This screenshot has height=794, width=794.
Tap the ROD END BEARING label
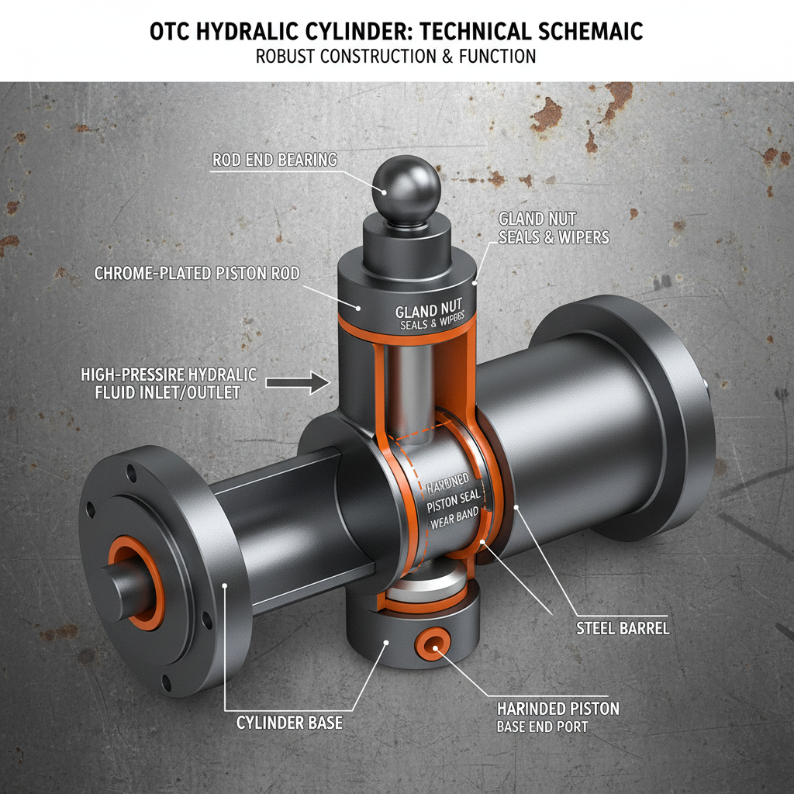(274, 161)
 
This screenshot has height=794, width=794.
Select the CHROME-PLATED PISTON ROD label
(197, 273)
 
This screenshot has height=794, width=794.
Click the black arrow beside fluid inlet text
(298, 381)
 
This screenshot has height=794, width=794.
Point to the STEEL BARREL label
(623, 627)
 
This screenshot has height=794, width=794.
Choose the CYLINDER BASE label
(289, 723)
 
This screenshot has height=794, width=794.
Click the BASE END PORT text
(542, 727)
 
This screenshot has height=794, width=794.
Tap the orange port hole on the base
(433, 643)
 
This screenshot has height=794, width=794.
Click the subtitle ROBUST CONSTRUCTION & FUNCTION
(396, 57)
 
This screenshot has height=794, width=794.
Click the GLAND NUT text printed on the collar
(427, 311)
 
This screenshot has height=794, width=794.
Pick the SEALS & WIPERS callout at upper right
(554, 237)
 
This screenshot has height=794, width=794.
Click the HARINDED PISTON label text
(558, 708)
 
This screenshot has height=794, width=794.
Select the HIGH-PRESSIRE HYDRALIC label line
(168, 375)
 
